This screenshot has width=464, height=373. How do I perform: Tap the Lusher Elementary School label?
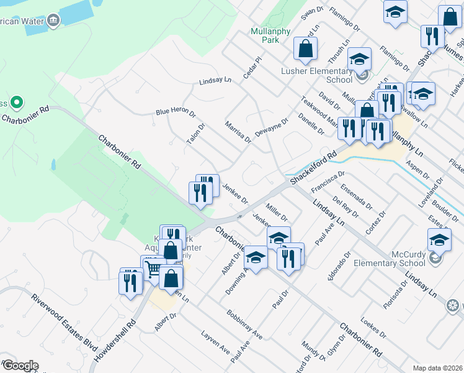[x=316, y=75]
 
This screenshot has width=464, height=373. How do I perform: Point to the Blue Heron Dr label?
[x=175, y=113]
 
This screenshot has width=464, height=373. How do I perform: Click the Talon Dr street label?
[x=195, y=134]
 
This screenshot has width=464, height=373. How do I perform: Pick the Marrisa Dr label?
[x=238, y=131]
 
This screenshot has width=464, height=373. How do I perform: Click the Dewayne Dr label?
[x=272, y=128]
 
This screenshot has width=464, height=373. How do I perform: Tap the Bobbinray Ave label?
[x=244, y=324]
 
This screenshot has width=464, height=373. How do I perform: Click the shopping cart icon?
[x=153, y=269]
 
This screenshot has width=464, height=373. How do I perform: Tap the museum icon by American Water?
[x=53, y=21]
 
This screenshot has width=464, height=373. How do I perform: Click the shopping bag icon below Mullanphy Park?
[x=305, y=49]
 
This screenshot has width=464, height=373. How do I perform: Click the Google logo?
[x=20, y=365]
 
